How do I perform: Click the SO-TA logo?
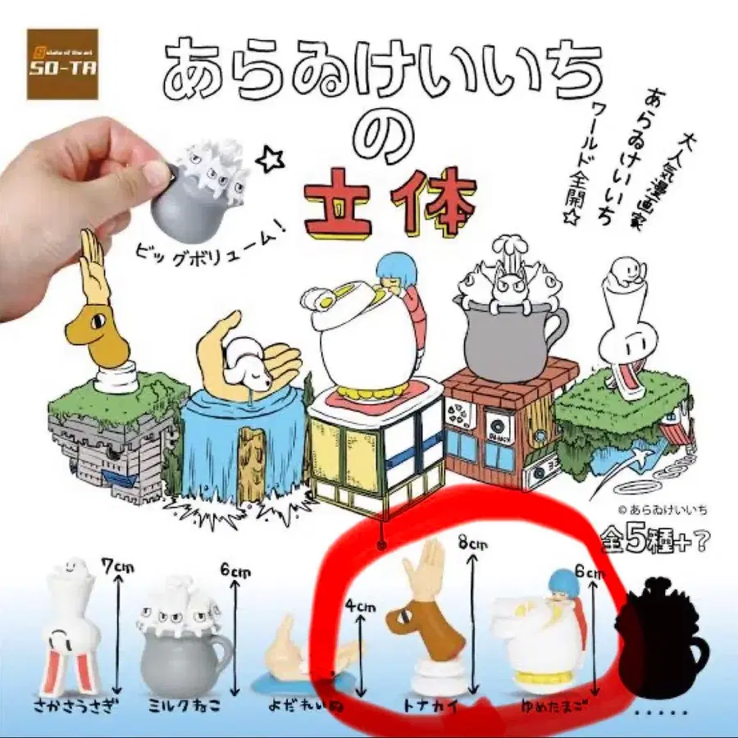pos(61,64)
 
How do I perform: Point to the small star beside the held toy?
pos(267,159)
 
